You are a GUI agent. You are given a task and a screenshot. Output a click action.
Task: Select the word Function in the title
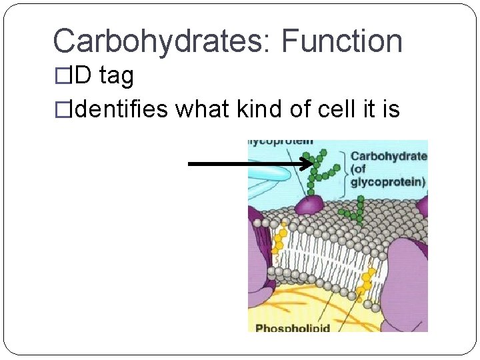coord(342,41)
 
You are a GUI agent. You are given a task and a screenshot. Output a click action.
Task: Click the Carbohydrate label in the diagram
coord(388,156)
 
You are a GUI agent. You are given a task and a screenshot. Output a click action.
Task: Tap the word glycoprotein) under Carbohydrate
coord(388,181)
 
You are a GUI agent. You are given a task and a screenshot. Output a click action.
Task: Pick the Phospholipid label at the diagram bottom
coord(294,327)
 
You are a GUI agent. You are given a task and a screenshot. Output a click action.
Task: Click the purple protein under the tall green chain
coord(309,204)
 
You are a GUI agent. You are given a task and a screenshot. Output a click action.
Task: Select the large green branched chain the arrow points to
coord(319,169)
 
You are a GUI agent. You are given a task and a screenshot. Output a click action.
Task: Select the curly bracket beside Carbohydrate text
coord(342,173)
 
